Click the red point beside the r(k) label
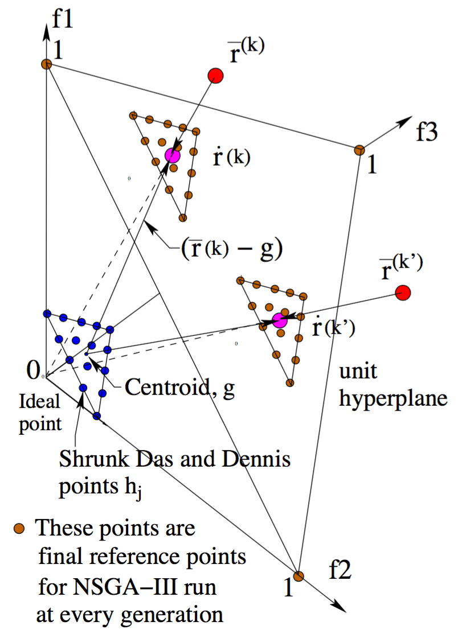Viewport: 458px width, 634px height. coord(215,75)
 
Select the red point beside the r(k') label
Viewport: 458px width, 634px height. coord(403,293)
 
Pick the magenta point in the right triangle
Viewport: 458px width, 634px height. coord(280,320)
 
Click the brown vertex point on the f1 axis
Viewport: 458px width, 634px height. coord(47,64)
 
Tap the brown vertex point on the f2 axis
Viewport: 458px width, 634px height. coord(298,576)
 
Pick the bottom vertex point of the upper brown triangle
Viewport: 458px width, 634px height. coord(183,217)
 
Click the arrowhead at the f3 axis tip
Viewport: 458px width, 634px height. coord(408,118)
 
